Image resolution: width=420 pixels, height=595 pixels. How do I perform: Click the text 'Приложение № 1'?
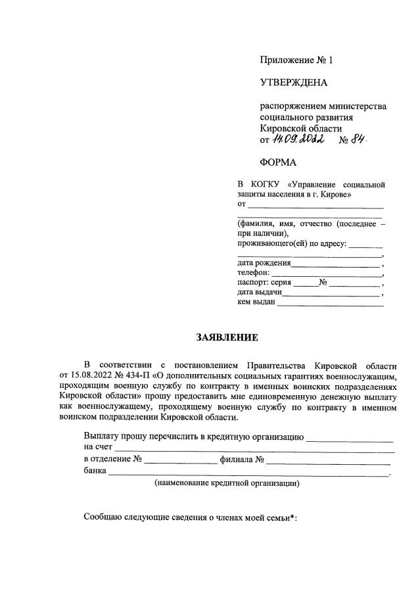[296, 60]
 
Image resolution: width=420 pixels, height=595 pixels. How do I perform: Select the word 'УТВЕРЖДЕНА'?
[293, 83]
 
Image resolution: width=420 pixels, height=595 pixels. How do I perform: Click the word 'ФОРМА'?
[278, 162]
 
